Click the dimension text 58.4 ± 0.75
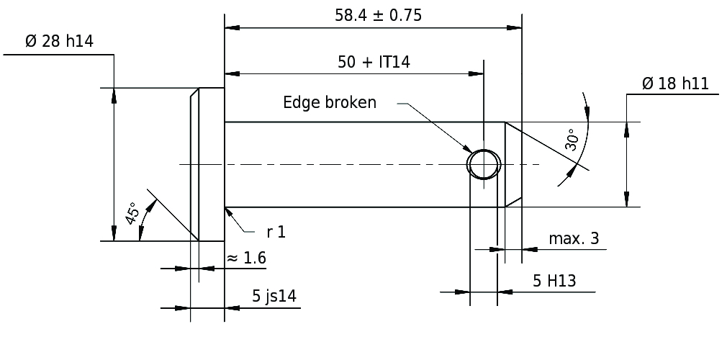point(379,15)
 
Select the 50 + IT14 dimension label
point(374,62)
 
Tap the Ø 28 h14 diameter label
point(59,41)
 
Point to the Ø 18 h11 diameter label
point(676,84)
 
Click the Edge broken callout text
point(330,102)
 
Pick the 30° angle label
point(572,140)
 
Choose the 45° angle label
point(132,213)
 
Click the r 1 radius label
point(276,232)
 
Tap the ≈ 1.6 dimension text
point(246,258)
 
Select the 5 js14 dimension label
point(274,296)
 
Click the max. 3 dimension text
point(574,238)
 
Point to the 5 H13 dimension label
point(554,281)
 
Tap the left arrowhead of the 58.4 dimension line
point(232,28)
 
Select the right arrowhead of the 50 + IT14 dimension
point(476,73)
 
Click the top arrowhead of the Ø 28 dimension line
point(114,95)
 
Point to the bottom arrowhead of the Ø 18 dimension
point(627,199)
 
